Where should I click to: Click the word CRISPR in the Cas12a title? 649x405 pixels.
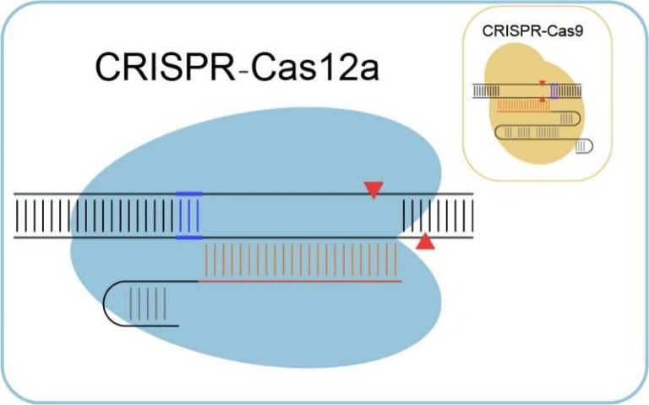coord(165,68)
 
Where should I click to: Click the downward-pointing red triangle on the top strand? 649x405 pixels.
coord(373,189)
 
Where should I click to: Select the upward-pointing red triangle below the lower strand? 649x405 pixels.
coord(426,243)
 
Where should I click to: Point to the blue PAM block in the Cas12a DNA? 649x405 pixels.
coord(189,216)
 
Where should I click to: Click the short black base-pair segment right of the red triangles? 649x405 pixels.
coord(437,216)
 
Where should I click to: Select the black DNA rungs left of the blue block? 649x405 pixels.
coord(93,216)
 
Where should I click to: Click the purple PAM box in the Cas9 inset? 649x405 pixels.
coord(554,91)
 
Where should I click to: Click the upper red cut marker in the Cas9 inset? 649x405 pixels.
coord(542,83)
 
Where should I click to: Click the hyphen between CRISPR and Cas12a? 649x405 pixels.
coord(244,70)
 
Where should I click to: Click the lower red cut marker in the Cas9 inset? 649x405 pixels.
coord(542,99)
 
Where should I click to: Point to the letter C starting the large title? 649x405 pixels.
coord(109,68)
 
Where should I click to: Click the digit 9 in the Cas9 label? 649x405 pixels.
coord(564,31)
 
